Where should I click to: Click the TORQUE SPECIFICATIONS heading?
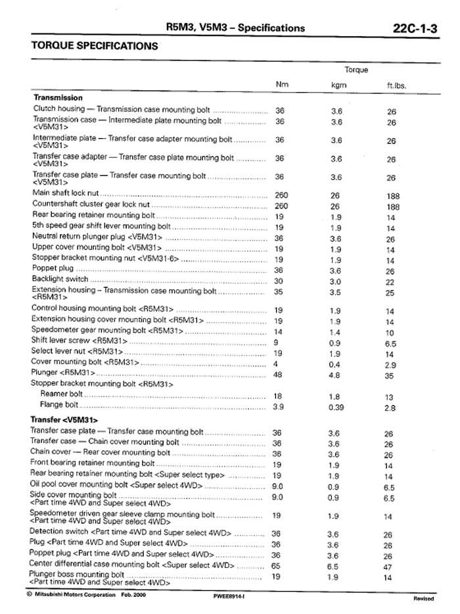pos(95,47)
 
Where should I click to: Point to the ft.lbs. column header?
pos(396,85)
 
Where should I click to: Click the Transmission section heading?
pos(57,97)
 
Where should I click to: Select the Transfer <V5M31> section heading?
pos(64,419)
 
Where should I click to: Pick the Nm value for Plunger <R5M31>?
pos(279,373)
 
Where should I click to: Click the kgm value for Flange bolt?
pos(336,408)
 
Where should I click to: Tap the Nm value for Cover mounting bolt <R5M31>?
pos(279,363)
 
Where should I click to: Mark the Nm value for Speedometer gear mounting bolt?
pos(279,331)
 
